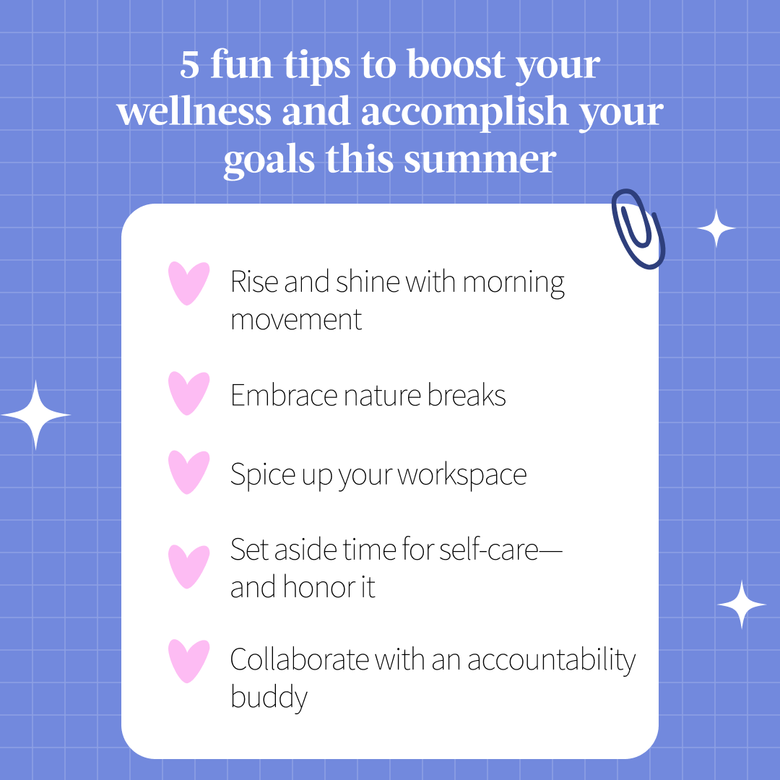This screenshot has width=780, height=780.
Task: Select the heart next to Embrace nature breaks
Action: tap(188, 393)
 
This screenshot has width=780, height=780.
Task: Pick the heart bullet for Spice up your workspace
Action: tap(188, 472)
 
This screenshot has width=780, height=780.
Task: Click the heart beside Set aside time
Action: tap(188, 567)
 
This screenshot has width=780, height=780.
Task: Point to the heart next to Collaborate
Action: tap(188, 661)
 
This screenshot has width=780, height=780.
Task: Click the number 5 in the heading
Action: tap(189, 65)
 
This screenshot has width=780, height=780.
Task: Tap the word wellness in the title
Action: tap(194, 111)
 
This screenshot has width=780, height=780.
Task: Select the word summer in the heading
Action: tap(480, 160)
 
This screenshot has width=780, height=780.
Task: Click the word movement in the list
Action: tap(296, 320)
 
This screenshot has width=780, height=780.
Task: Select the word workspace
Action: tap(462, 474)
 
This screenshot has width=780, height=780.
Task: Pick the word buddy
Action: tap(269, 698)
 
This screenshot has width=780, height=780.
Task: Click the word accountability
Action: tap(552, 661)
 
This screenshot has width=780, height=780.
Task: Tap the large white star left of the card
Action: tap(35, 415)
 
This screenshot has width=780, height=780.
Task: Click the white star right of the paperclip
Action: tap(716, 228)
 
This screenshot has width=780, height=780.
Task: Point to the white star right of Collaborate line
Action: tap(742, 604)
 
